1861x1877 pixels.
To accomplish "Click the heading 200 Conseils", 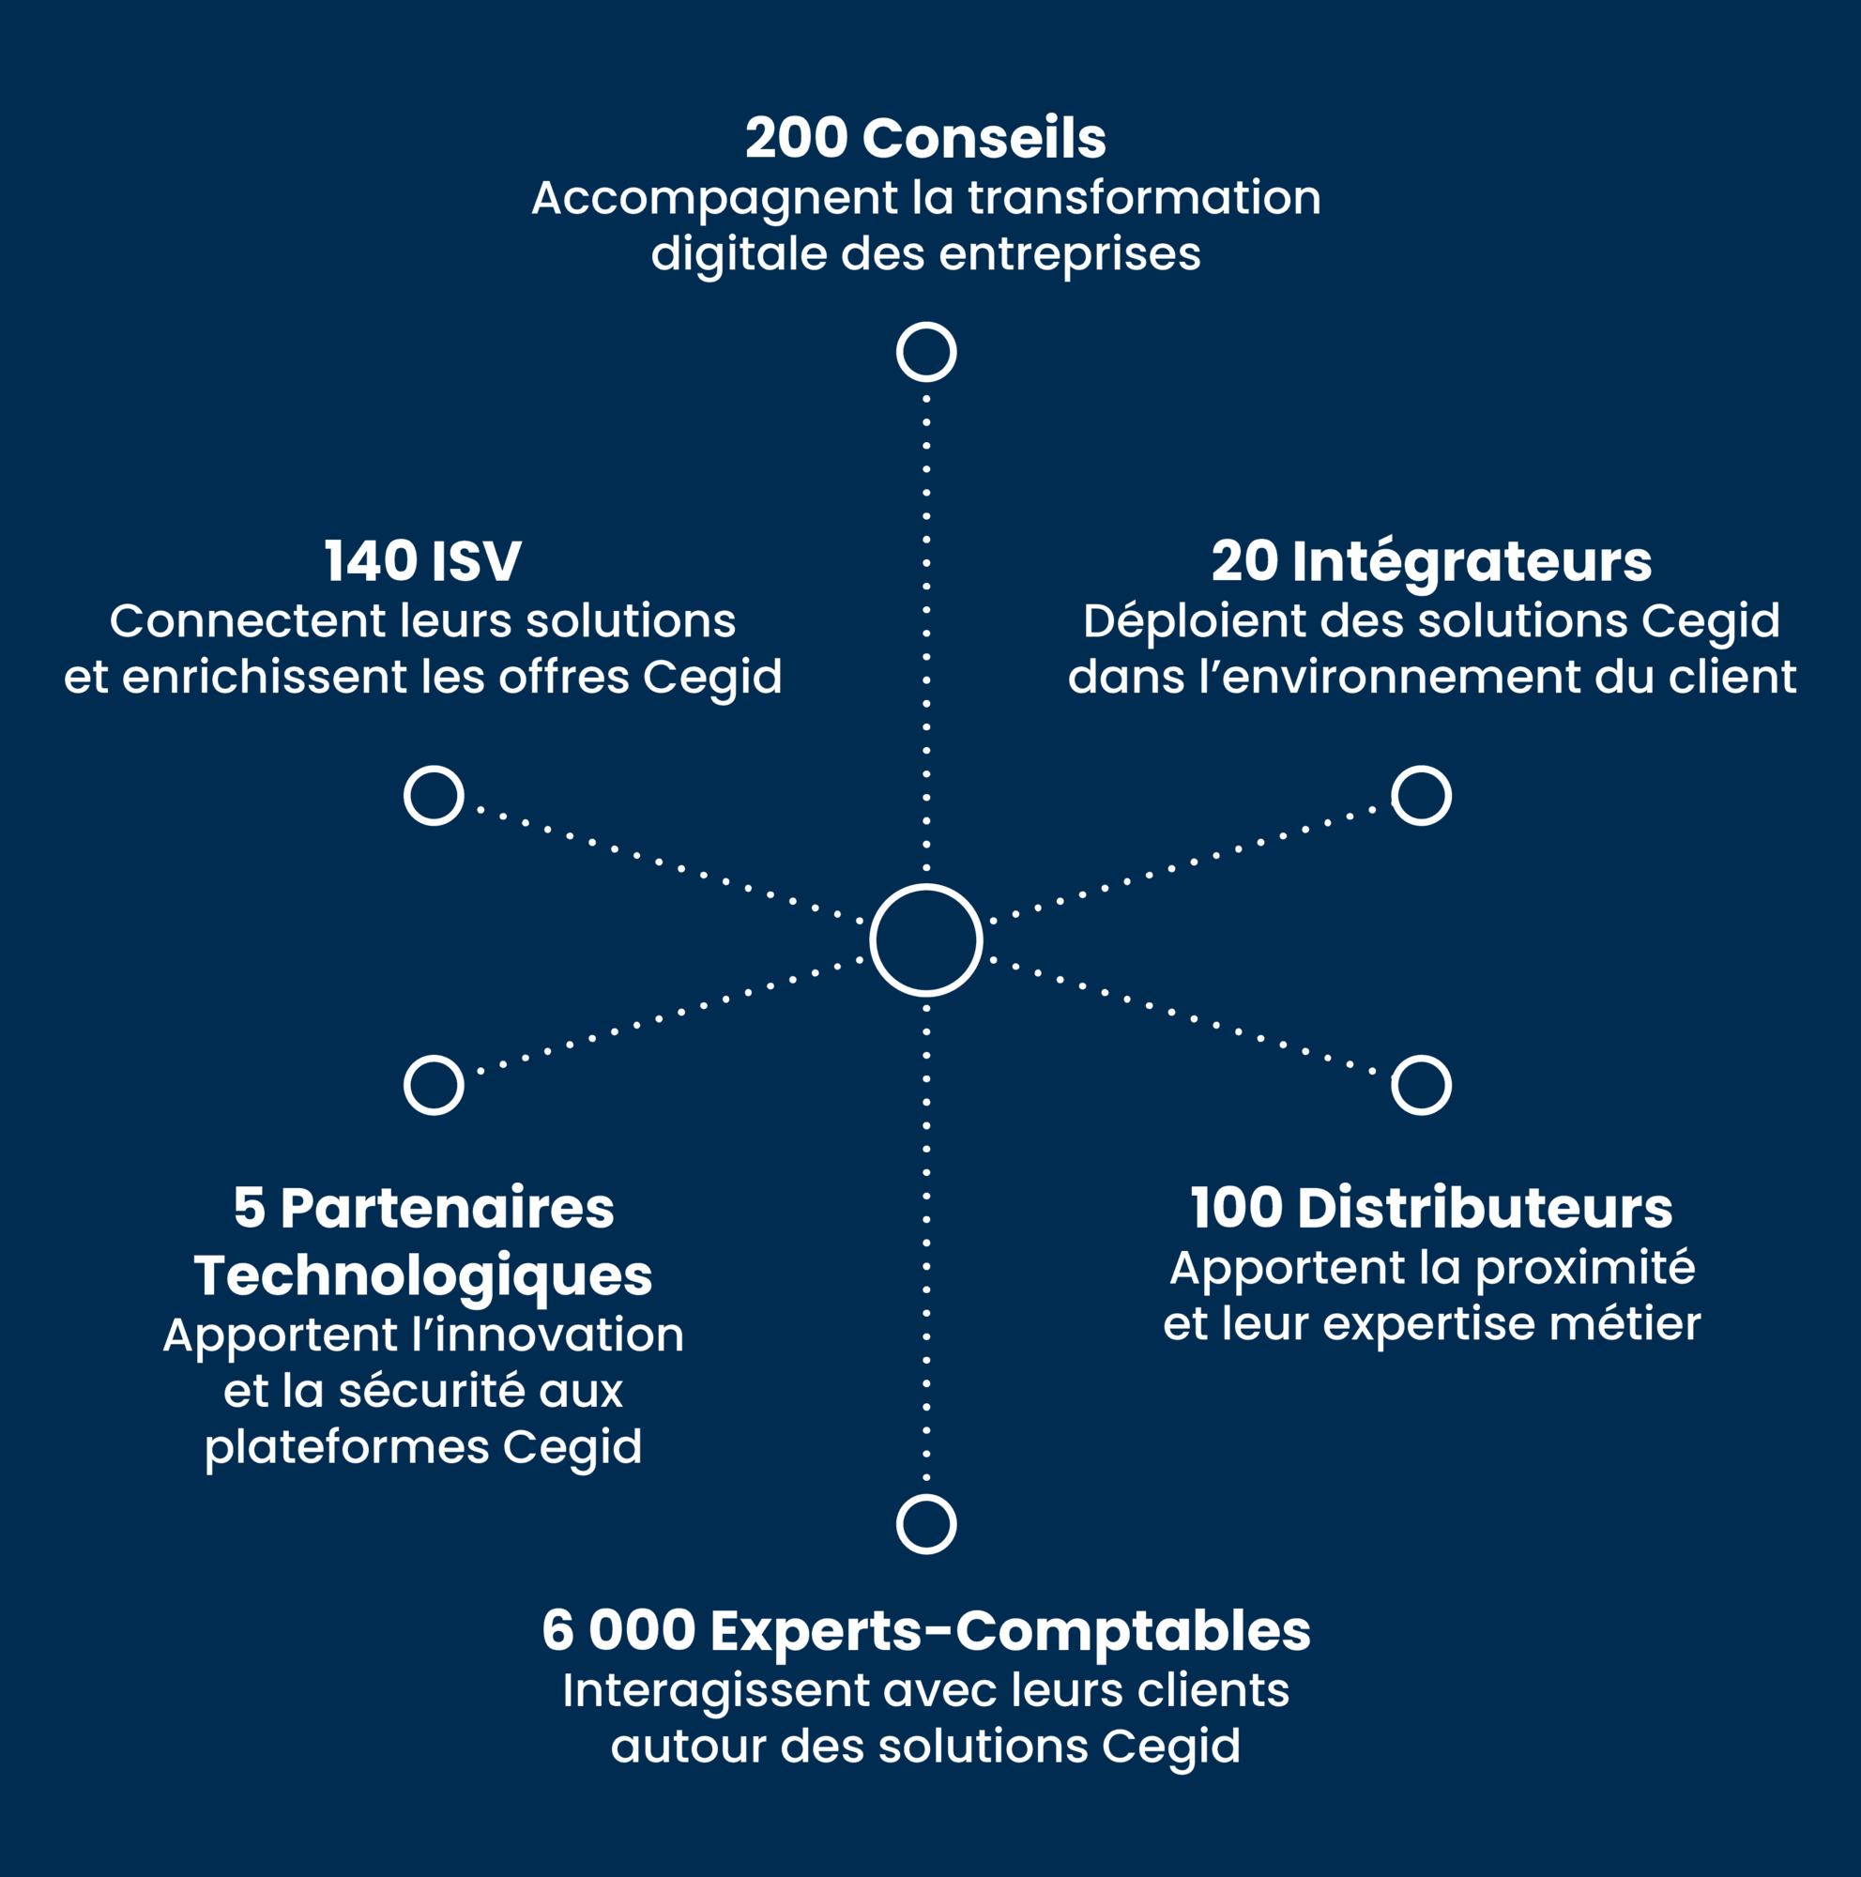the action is point(925,138).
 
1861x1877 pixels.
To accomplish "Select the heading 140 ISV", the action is point(422,561).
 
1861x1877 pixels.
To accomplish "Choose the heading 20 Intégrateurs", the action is point(1432,562).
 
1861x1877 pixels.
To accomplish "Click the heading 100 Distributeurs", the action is point(1432,1209).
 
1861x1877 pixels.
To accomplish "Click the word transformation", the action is point(1144,198).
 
